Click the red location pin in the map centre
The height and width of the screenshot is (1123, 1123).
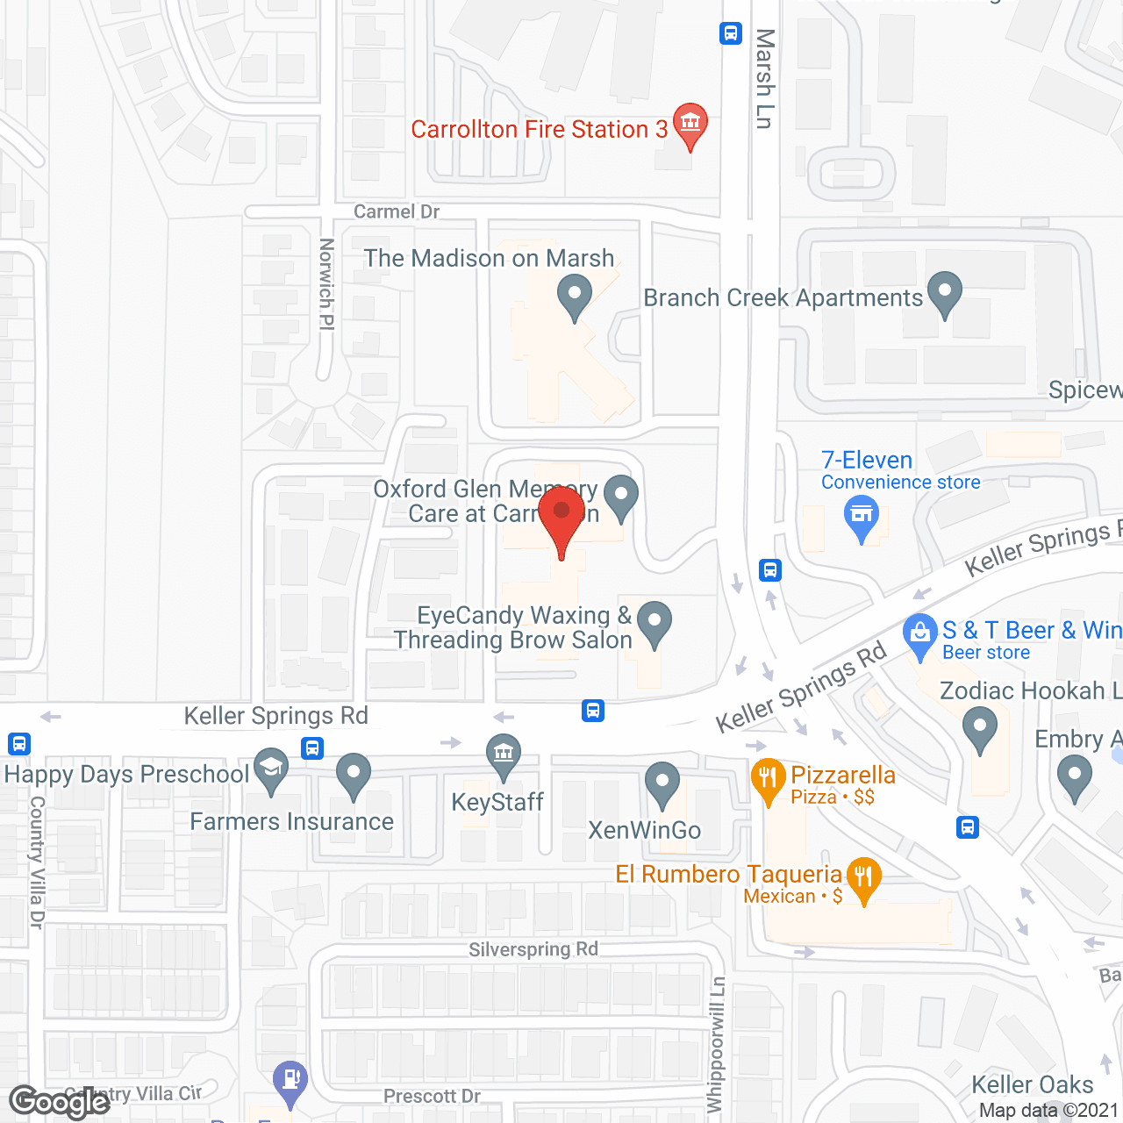[x=561, y=513]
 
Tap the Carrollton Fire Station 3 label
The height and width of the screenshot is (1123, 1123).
[x=539, y=130]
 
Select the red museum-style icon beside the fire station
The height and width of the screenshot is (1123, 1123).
[x=690, y=123]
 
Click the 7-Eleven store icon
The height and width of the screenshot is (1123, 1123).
[x=862, y=515]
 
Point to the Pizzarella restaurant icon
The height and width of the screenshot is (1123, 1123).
[x=768, y=778]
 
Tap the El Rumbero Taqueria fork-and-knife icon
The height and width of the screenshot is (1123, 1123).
[x=864, y=877]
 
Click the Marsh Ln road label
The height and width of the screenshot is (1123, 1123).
[x=765, y=79]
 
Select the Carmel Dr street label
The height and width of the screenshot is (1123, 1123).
[x=397, y=211]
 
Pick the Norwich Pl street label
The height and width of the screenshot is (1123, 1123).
[x=326, y=284]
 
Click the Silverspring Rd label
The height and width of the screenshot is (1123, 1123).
[x=533, y=949]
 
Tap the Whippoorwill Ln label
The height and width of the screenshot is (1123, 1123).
[x=717, y=1044]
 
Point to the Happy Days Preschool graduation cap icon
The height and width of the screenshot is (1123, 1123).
[x=271, y=769]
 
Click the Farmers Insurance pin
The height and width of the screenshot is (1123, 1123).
[x=354, y=774]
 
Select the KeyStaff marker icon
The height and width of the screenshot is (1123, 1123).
[x=504, y=755]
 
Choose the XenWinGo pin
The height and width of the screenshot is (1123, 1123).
[x=662, y=782]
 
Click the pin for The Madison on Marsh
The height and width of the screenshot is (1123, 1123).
[x=575, y=295]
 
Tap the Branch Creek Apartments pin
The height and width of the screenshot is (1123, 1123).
[x=945, y=292]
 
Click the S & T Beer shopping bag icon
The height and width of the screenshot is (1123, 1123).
[x=920, y=633]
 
